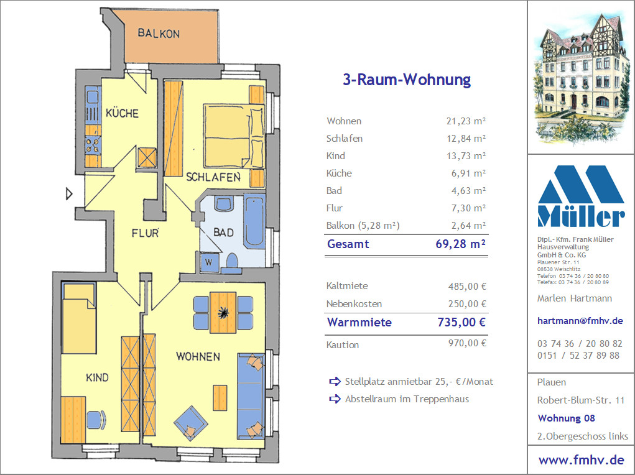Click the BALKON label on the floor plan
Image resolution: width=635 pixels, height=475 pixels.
[159, 33]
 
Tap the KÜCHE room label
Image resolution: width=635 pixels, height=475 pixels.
[122, 113]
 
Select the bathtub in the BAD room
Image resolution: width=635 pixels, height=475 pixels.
[254, 221]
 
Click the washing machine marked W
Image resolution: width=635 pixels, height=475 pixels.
[210, 262]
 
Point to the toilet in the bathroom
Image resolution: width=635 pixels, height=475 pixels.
[231, 262]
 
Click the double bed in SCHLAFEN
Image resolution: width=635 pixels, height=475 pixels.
[234, 136]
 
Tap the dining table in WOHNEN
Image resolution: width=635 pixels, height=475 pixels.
[223, 312]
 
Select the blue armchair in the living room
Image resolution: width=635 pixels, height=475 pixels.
[190, 423]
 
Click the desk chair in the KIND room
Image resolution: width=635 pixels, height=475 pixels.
[96, 420]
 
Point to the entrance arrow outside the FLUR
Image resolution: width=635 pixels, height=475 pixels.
[69, 194]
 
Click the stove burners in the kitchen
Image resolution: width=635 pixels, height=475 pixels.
[93, 145]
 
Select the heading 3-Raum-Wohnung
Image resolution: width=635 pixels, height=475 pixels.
[407, 80]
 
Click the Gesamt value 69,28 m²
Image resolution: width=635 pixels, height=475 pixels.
[460, 244]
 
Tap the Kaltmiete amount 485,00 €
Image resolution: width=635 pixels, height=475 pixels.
[467, 286]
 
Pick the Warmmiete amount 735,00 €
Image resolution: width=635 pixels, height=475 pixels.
[461, 322]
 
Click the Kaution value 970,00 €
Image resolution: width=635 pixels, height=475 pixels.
[467, 343]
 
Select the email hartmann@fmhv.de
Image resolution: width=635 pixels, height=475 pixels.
[580, 321]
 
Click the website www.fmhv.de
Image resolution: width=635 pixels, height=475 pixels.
[581, 460]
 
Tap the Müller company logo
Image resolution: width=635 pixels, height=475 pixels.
[581, 196]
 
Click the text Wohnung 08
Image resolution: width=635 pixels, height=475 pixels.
[566, 418]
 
